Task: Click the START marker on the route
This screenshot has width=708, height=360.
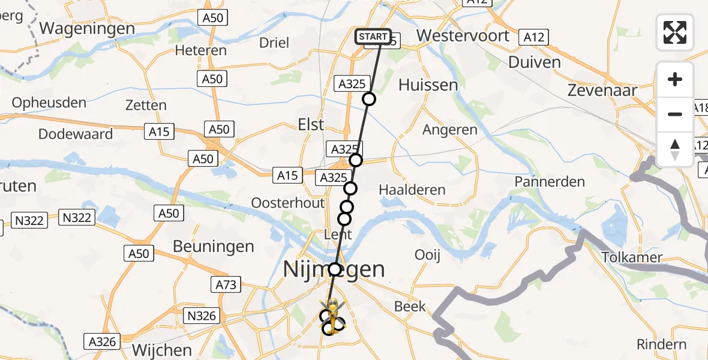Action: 373,37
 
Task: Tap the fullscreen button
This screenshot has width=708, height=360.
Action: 675,32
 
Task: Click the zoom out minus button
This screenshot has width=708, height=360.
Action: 675,114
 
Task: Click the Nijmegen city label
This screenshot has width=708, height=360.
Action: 334,269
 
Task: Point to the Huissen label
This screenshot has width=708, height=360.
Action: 428,85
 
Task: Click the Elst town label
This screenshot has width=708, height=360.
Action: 311,125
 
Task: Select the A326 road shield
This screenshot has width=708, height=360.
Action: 101,341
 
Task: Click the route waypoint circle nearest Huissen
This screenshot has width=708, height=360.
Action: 369,99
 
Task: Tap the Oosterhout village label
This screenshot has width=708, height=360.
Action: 288,203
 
